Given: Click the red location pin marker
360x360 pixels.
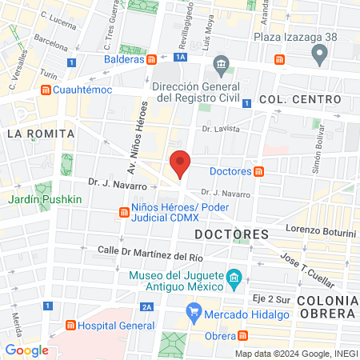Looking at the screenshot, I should point(181,163).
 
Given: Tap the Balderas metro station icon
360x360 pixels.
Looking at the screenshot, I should point(152,59).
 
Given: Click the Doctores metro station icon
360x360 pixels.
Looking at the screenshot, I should point(260,170).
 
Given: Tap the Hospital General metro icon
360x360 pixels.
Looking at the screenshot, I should point(70,326).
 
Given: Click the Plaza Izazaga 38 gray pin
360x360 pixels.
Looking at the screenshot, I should point(320,54).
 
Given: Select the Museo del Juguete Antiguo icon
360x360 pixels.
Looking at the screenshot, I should point(234,281).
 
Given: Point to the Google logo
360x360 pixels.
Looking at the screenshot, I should point(26,350).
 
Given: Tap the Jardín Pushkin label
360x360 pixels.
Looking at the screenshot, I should point(46,198).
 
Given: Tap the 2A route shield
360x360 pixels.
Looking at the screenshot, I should point(146,306).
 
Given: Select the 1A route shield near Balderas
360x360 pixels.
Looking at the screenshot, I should point(182,57).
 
